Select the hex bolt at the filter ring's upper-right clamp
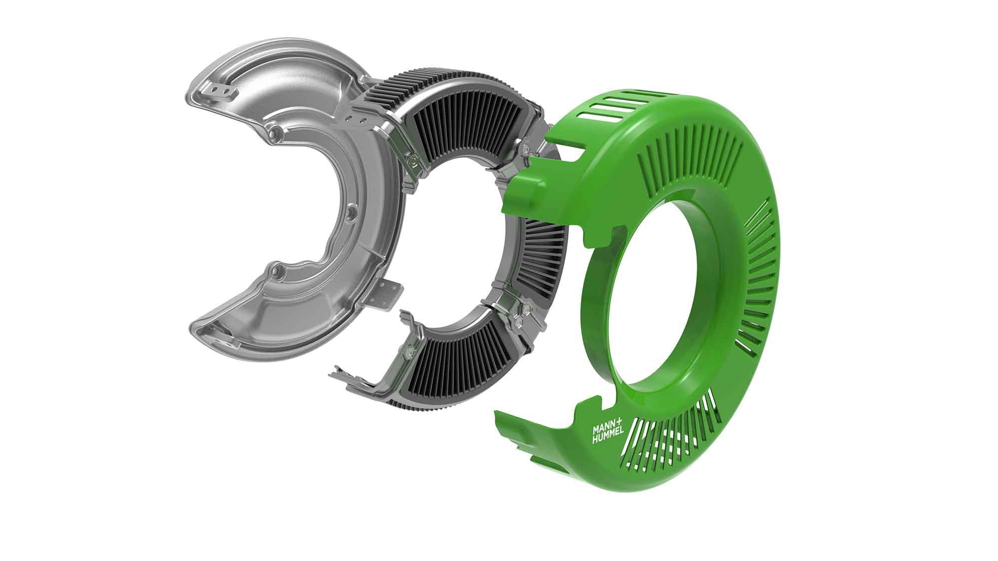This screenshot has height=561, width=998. point(525,148)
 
